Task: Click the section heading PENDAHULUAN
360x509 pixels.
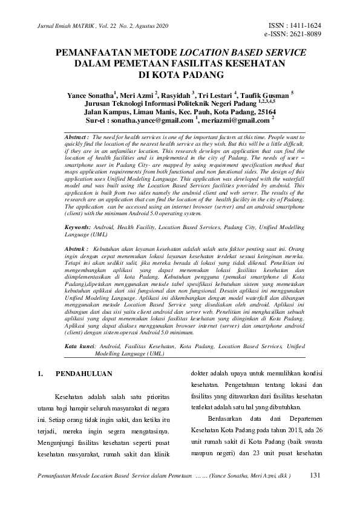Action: (84, 374)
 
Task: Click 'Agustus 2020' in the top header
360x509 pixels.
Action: (151, 26)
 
